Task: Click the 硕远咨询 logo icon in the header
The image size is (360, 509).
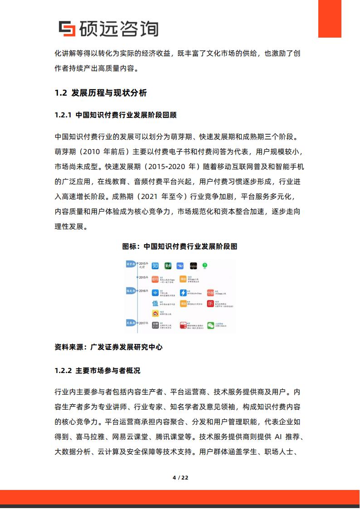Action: (x=67, y=29)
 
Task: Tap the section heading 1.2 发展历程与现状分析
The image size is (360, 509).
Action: (x=101, y=93)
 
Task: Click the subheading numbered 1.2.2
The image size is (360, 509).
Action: (x=97, y=370)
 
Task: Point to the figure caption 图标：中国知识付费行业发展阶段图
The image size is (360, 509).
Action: (x=180, y=247)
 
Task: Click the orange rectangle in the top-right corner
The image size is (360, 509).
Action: (x=336, y=19)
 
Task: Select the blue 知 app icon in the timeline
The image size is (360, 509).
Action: (x=155, y=266)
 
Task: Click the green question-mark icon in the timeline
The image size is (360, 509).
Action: (x=205, y=265)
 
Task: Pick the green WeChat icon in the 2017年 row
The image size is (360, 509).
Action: (x=211, y=325)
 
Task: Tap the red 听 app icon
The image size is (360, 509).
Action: (x=210, y=304)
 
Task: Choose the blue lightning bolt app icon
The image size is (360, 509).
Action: (x=183, y=293)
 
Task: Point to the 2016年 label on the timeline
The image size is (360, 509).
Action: (x=143, y=291)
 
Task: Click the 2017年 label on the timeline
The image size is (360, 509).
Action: (x=143, y=323)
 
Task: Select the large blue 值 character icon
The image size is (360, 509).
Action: (x=155, y=304)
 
